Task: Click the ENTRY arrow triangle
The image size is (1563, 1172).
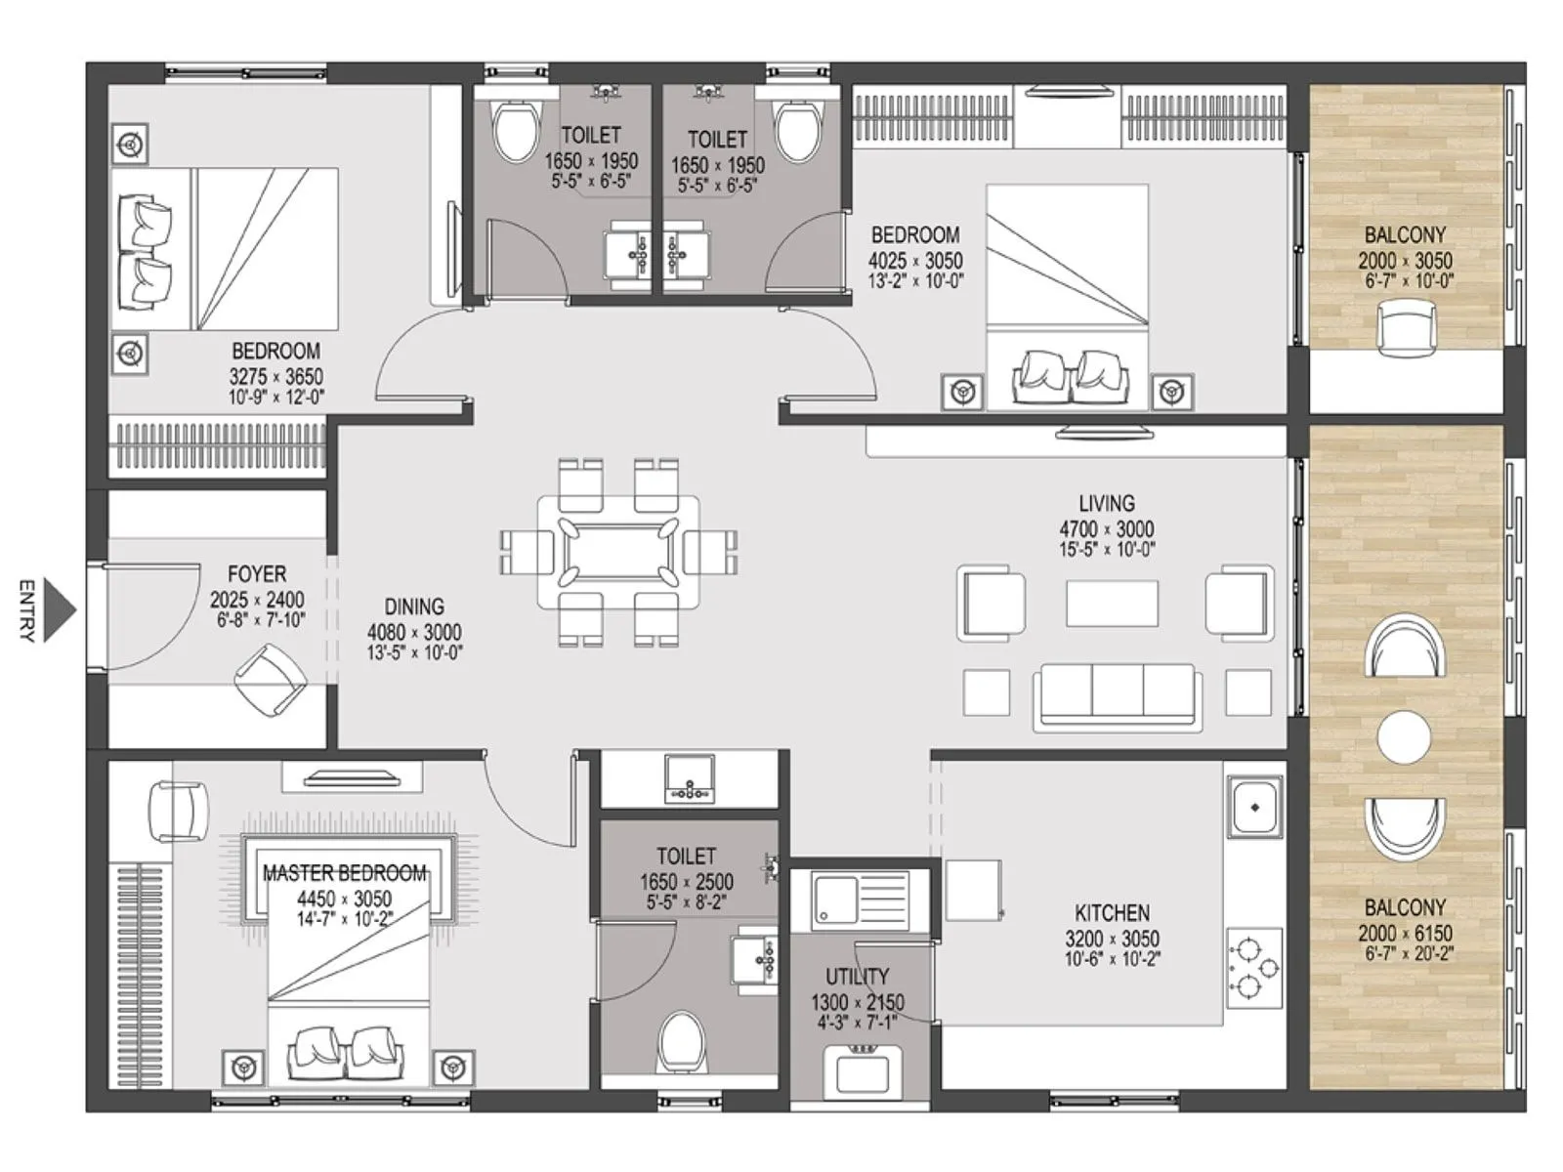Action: tap(59, 611)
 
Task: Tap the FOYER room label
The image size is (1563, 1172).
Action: tap(257, 574)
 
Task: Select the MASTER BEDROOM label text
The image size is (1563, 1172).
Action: tap(344, 873)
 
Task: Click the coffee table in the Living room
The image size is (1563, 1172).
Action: tap(1112, 603)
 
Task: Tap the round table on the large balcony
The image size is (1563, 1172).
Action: tap(1404, 737)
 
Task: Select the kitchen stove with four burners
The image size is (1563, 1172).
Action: tap(1253, 968)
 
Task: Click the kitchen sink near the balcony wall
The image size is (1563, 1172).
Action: tap(1254, 808)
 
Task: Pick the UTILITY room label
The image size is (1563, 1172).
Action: tap(857, 977)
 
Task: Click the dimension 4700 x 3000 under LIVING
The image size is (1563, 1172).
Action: tap(1107, 529)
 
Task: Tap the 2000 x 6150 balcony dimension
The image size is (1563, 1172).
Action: tap(1405, 934)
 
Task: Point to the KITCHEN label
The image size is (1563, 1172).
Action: tap(1112, 913)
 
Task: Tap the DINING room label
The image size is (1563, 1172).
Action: tap(414, 607)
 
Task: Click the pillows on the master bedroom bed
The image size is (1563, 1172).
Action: tap(346, 1051)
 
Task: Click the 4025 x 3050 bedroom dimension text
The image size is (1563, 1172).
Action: tap(915, 261)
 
